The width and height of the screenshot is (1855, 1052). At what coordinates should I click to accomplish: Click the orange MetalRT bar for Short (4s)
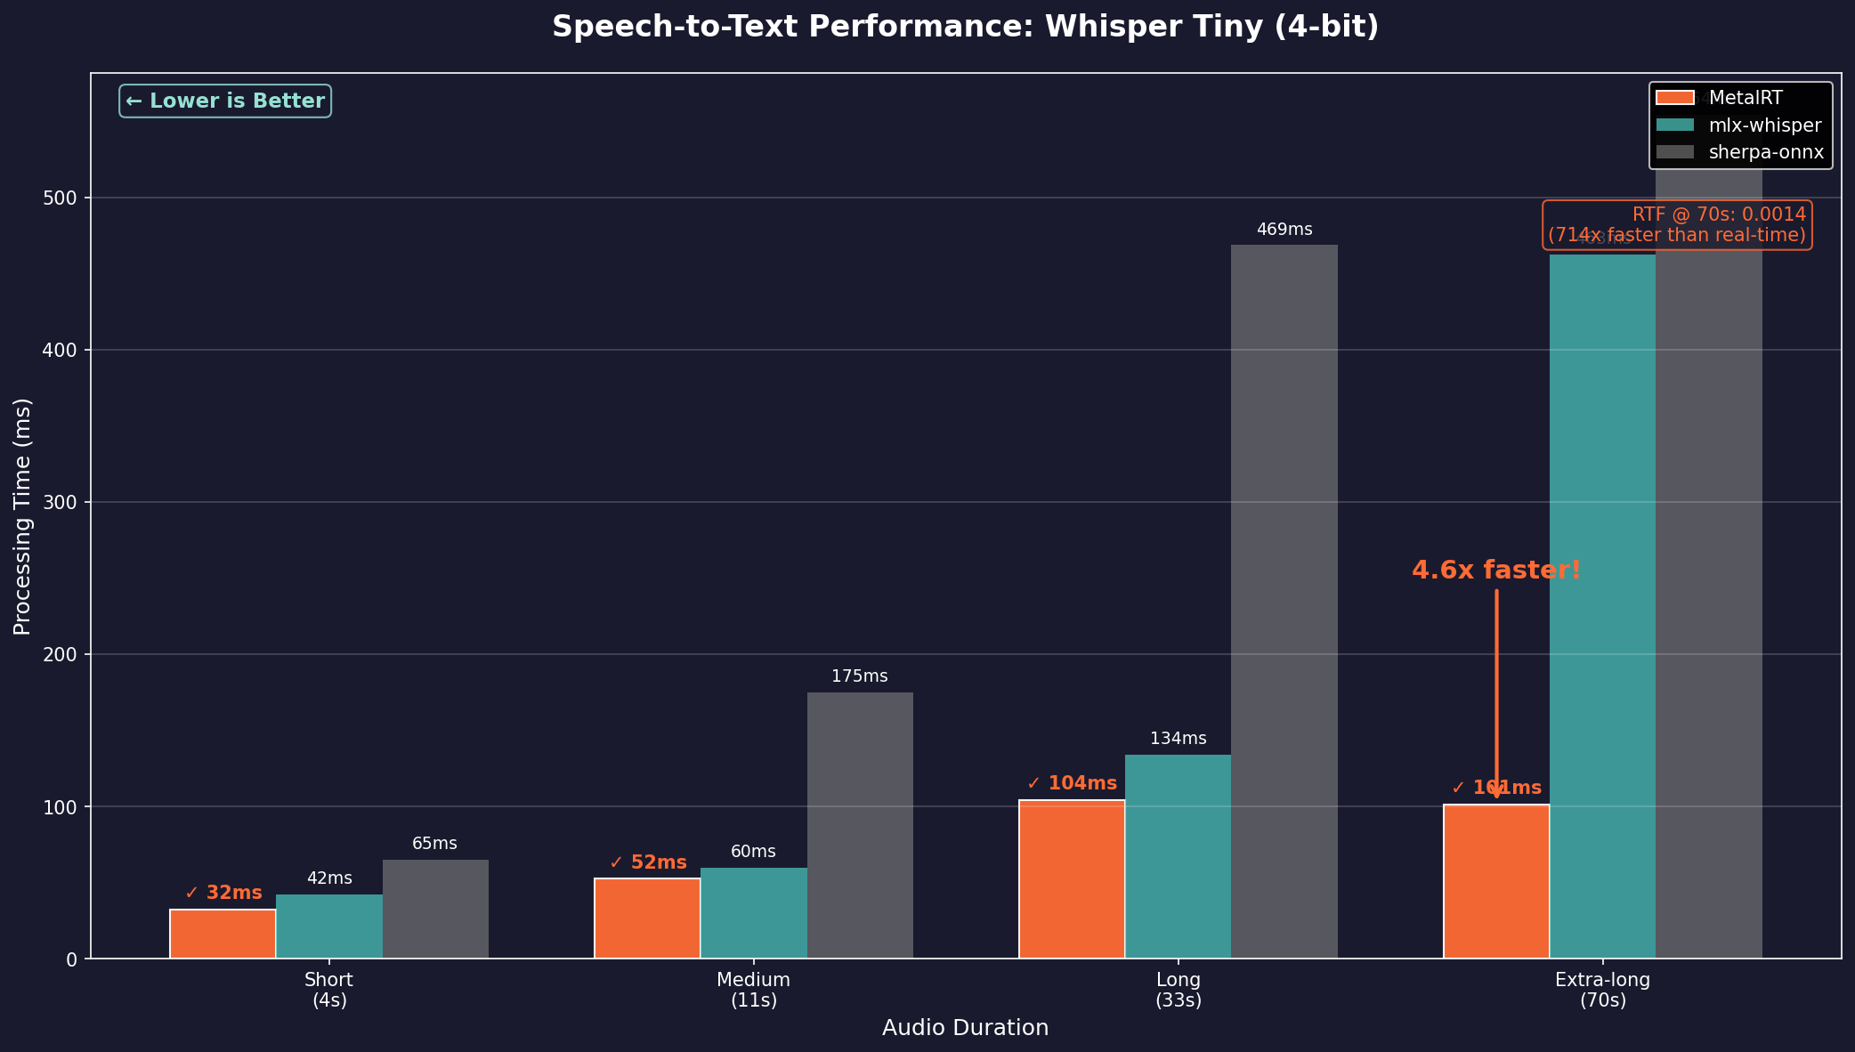(223, 934)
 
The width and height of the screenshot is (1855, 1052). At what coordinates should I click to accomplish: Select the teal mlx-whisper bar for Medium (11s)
(753, 913)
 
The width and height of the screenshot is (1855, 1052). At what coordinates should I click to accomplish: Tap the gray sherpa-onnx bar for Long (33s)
(1284, 602)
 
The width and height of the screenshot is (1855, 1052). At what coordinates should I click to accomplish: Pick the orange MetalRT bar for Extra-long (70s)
(1495, 881)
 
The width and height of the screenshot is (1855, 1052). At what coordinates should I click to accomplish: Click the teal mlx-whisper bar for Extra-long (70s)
(1602, 605)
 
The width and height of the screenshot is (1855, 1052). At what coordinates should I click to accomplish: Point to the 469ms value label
(1284, 230)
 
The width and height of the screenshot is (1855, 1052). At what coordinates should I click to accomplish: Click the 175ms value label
(859, 676)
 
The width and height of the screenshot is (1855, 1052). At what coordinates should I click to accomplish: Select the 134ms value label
(1178, 739)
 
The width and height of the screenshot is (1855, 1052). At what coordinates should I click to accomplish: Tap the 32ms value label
(223, 893)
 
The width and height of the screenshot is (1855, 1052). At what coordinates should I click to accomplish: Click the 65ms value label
(434, 844)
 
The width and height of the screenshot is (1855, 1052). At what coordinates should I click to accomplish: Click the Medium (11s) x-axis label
(753, 990)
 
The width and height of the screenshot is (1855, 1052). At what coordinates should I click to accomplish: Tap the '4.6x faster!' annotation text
(1495, 571)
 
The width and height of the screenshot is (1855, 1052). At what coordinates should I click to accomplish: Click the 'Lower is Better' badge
(225, 101)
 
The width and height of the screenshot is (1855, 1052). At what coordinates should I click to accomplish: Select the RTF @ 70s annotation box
(1676, 224)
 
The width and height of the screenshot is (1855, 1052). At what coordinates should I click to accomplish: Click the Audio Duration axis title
(965, 1028)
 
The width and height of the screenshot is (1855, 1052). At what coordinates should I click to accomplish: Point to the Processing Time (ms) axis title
(22, 516)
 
